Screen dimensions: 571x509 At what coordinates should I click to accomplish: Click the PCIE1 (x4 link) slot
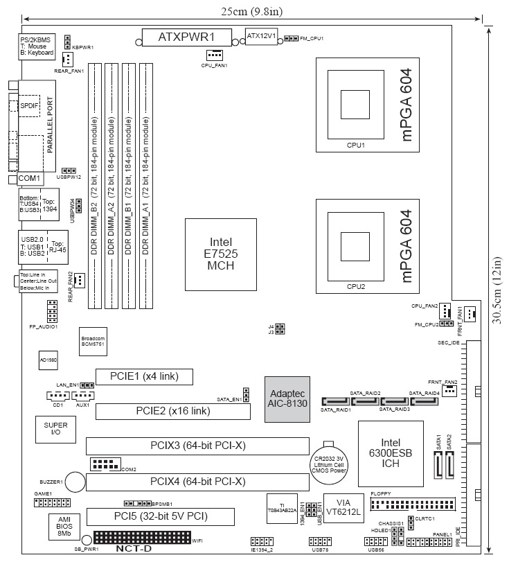click(143, 377)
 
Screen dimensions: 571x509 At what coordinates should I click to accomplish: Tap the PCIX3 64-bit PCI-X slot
click(197, 446)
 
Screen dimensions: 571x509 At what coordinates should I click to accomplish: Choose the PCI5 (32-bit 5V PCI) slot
click(160, 516)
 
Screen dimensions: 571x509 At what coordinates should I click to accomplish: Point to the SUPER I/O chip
click(52, 429)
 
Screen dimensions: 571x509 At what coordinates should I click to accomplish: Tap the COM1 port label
click(29, 178)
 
